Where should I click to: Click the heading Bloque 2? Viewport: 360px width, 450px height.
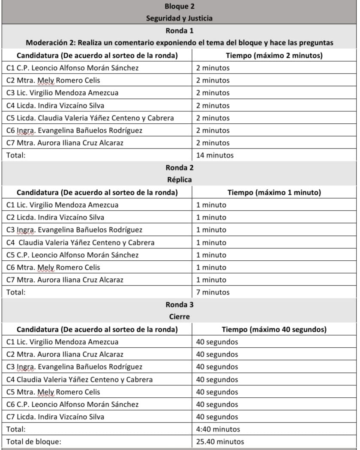[179, 6]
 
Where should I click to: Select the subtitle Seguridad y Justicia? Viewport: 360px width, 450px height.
[179, 18]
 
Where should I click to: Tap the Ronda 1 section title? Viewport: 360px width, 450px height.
[179, 31]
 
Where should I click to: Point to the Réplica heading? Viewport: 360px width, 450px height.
[179, 180]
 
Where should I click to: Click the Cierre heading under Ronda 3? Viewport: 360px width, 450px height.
[179, 317]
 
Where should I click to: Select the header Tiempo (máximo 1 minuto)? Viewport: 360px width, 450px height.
[274, 193]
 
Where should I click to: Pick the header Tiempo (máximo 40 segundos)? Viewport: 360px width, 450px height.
[274, 330]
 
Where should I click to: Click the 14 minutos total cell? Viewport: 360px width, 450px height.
[215, 155]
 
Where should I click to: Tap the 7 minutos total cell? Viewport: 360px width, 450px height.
[213, 292]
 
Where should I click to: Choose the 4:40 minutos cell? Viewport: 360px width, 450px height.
[218, 429]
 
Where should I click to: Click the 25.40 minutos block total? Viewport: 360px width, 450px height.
[220, 441]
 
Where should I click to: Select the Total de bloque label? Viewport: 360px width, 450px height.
[34, 441]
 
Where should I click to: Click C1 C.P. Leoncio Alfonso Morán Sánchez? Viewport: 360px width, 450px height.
[72, 68]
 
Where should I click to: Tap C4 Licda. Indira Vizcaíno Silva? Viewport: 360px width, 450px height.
[55, 105]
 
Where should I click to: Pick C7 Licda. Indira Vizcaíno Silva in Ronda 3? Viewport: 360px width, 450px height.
[55, 417]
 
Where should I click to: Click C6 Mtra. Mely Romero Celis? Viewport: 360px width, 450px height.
[53, 268]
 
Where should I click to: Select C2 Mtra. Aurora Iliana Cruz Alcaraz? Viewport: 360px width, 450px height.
[65, 355]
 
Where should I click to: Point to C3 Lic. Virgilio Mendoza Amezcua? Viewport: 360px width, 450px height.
[63, 93]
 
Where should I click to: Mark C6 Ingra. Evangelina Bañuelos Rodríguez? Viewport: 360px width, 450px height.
[74, 131]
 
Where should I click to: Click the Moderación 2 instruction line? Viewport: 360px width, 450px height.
[179, 43]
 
